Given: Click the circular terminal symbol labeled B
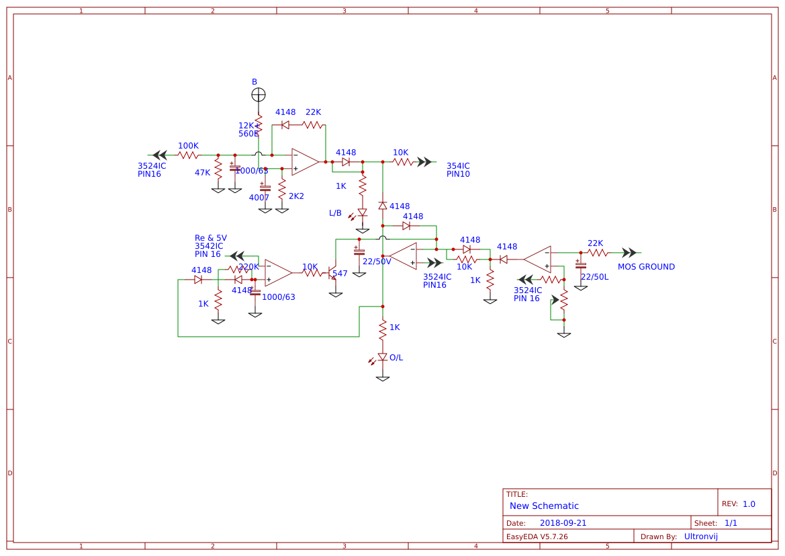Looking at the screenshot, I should point(259,95).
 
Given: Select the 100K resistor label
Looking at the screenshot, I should point(188,146).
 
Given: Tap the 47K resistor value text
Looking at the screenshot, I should point(202,173).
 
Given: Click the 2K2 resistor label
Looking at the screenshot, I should point(296,196).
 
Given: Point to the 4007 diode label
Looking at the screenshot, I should point(259,198).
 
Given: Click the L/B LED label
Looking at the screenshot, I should point(335,213).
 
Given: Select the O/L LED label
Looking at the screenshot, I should point(396,358).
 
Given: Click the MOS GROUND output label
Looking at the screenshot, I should point(646,267).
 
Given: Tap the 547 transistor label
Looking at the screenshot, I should point(340,274).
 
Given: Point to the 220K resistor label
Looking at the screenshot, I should point(248,267).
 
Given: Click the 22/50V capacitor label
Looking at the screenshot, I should point(377,262).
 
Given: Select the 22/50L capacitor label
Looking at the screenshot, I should point(594,277).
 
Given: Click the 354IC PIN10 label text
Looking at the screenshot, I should point(458,170).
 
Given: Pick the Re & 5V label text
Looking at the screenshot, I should point(210,238).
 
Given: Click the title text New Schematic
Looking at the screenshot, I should point(544,506).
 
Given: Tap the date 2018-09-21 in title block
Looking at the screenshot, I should point(563,523).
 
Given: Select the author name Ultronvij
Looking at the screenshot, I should point(700,537).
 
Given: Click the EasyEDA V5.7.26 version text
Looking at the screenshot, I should point(537,537).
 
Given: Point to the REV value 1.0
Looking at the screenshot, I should point(749,504).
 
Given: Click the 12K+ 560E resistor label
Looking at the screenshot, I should point(248,130).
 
